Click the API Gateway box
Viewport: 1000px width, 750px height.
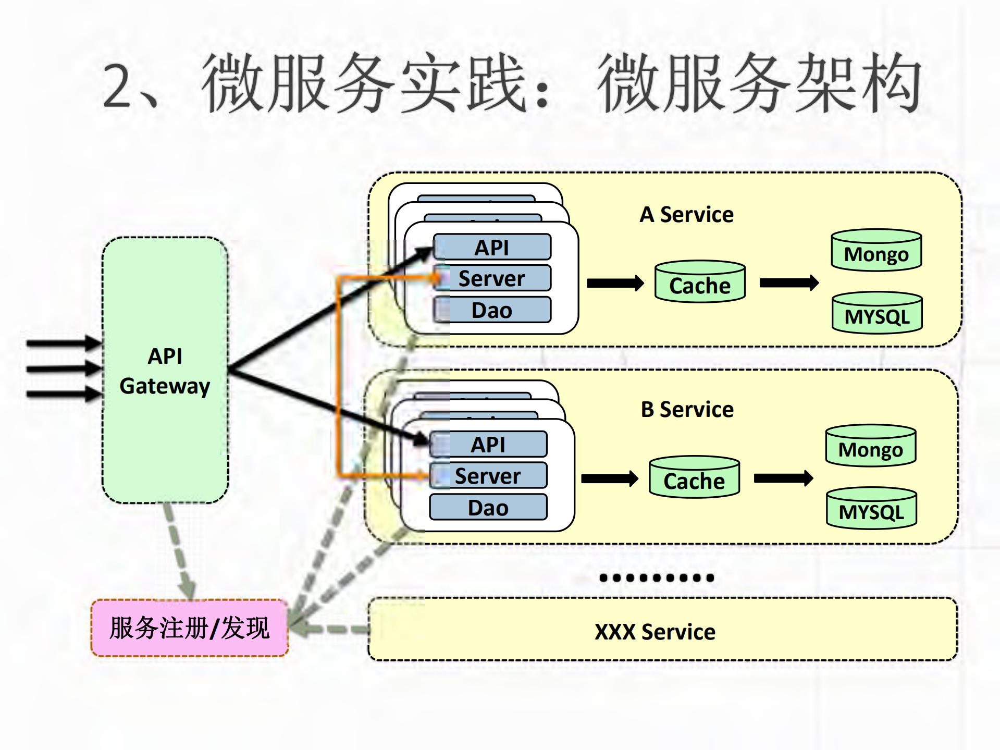click(x=165, y=370)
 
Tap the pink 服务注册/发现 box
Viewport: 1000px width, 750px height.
click(x=190, y=628)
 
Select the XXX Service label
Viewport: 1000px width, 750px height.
click(x=655, y=632)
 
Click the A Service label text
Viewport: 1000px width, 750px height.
click(x=686, y=215)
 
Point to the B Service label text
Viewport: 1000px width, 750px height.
click(x=687, y=410)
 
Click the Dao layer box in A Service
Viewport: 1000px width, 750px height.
click(x=492, y=310)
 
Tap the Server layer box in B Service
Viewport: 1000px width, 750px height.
click(x=488, y=475)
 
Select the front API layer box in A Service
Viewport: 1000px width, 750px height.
click(x=492, y=247)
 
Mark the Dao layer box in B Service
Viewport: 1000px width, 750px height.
click(x=488, y=507)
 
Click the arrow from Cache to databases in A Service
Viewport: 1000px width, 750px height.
click(x=788, y=283)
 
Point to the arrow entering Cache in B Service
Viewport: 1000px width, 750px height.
click(x=609, y=478)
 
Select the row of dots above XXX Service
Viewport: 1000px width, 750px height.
click(x=656, y=577)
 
